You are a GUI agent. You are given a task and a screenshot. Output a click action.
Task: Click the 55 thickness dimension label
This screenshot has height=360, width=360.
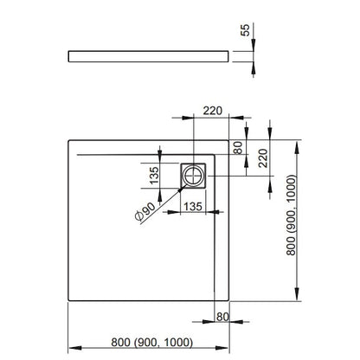click(245, 30)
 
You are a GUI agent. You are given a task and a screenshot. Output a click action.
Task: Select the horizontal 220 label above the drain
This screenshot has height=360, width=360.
click(213, 111)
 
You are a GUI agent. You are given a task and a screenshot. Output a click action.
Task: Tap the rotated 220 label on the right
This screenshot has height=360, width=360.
click(263, 158)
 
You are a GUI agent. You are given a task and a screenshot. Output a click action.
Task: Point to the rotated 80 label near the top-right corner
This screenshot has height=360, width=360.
click(238, 147)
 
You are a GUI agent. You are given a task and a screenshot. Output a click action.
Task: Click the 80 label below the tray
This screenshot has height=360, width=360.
click(222, 317)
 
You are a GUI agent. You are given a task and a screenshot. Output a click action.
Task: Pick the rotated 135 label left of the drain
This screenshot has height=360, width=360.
click(154, 176)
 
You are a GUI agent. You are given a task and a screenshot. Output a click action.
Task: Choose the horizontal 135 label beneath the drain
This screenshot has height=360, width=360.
click(193, 207)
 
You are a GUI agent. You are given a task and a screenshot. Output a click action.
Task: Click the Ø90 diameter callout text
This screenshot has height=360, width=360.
click(145, 211)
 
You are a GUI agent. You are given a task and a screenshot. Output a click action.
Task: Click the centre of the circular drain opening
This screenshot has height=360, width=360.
click(193, 176)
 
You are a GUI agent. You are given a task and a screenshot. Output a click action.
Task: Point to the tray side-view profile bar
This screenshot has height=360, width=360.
click(149, 56)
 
